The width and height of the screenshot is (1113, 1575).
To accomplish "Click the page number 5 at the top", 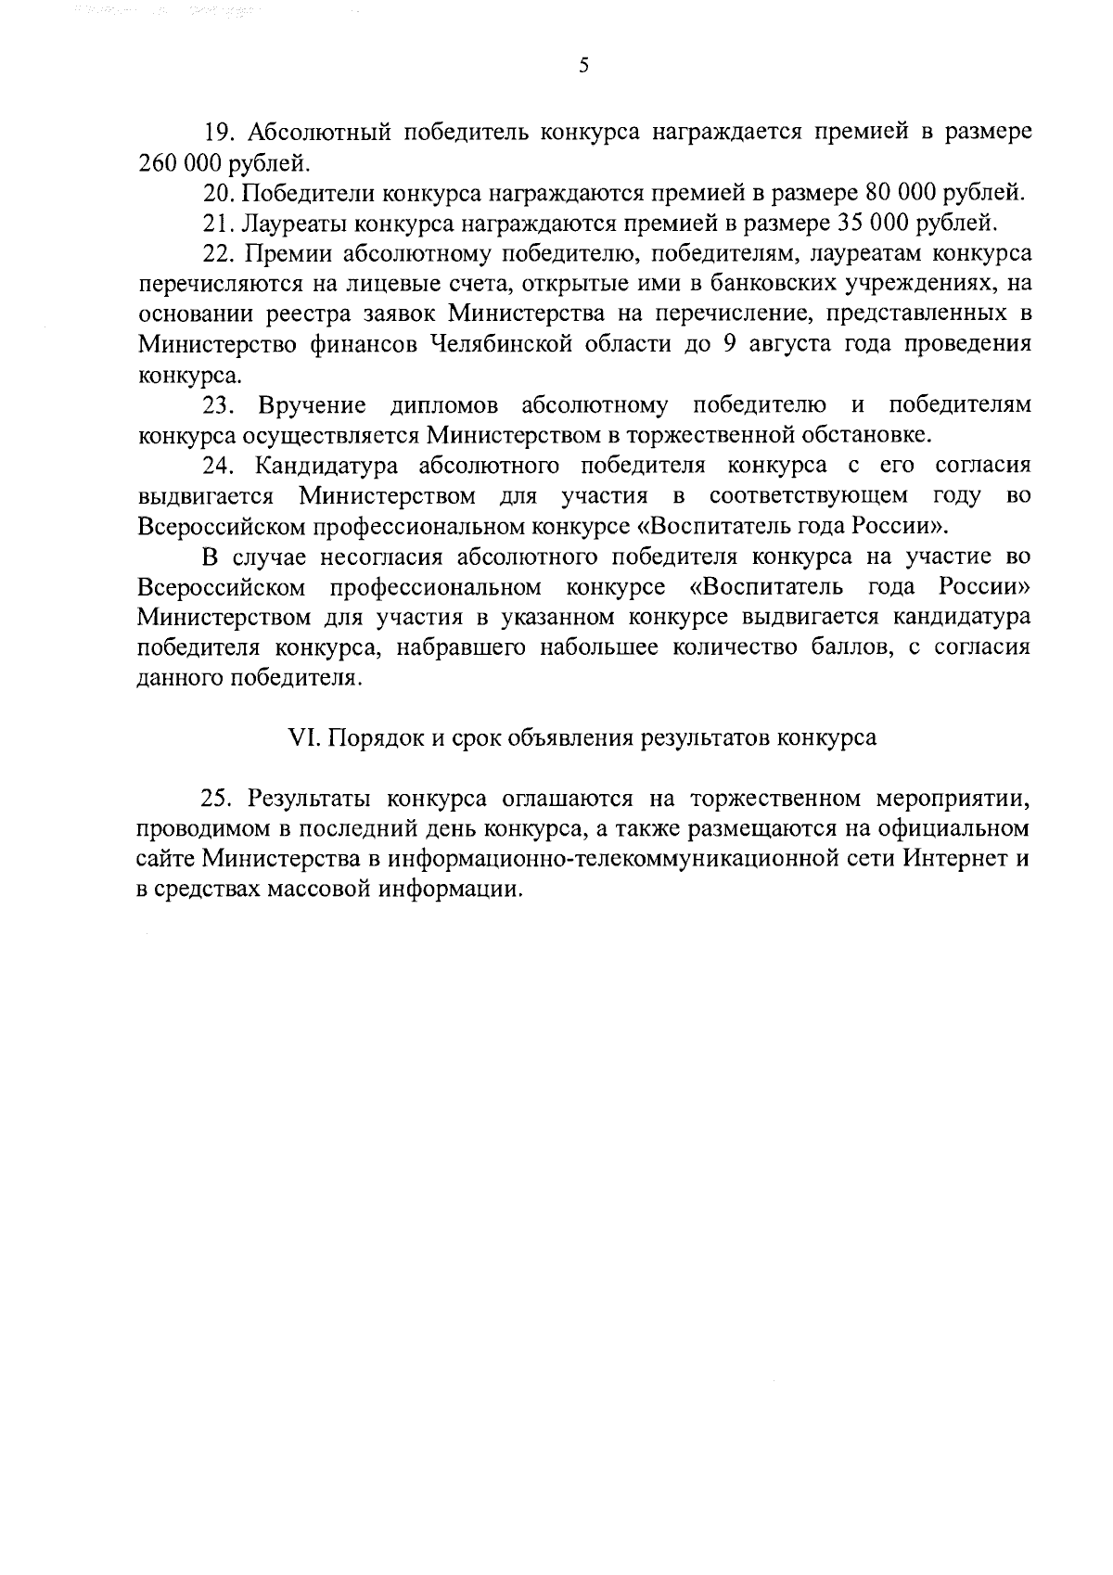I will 583,65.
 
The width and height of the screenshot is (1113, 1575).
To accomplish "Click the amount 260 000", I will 180,164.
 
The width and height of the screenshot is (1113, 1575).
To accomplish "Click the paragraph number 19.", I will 217,134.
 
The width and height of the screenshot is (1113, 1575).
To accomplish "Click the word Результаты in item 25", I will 309,799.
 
